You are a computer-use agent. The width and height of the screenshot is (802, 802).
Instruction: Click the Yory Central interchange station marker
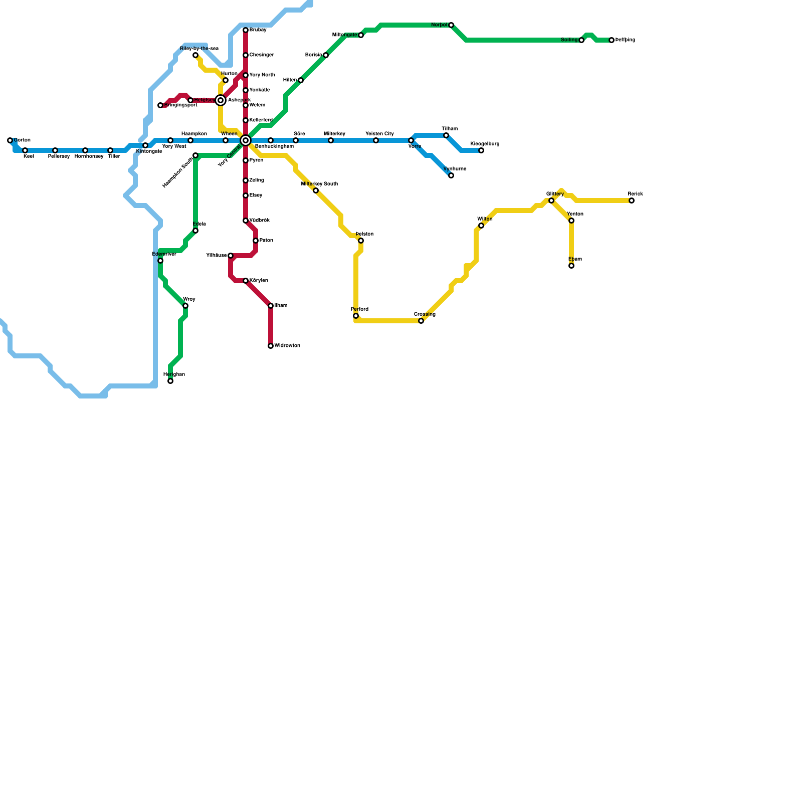point(246,140)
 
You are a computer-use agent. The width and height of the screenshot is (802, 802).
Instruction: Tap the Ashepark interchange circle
point(221,100)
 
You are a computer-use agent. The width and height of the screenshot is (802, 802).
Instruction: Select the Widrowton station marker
point(271,346)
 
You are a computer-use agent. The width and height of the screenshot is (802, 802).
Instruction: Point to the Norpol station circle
point(451,25)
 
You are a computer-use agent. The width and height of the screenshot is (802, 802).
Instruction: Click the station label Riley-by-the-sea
point(199,49)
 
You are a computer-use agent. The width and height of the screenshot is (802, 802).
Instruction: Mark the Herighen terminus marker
point(170,381)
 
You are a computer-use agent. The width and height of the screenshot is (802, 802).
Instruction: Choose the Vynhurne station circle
point(451,175)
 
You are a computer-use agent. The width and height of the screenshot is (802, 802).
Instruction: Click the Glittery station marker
point(551,200)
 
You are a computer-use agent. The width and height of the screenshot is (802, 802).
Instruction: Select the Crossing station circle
point(421,321)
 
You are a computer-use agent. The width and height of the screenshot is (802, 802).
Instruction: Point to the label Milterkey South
point(319,184)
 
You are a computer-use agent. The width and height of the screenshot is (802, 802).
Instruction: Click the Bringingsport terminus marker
point(160,105)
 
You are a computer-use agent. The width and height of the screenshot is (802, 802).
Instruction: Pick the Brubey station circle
point(246,30)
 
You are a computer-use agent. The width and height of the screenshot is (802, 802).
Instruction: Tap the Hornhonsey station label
point(89,156)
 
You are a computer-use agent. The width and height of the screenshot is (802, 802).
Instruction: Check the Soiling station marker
point(581,40)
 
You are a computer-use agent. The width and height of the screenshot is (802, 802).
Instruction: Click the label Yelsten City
point(379,134)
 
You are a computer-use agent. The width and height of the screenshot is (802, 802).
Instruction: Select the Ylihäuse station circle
point(231,256)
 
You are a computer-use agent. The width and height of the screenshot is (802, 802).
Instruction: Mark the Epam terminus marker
point(571,266)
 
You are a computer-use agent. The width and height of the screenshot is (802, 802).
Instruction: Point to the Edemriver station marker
point(160,261)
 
